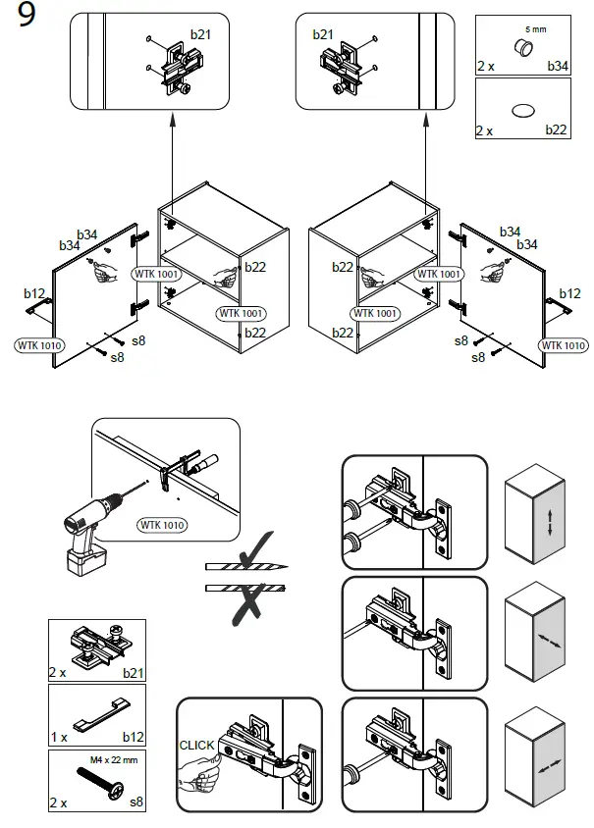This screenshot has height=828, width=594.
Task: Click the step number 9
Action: (27, 21)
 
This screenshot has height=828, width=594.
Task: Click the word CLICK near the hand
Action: (195, 746)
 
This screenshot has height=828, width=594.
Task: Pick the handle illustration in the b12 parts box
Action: (98, 709)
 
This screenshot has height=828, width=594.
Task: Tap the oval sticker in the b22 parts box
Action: (522, 111)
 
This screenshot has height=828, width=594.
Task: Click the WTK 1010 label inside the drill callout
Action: (161, 525)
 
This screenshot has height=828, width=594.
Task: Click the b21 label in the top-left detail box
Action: (200, 34)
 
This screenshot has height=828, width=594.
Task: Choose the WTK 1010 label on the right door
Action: (563, 345)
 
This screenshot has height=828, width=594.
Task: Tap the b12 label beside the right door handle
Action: (570, 293)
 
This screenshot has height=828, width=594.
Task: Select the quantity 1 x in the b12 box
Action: (57, 736)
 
